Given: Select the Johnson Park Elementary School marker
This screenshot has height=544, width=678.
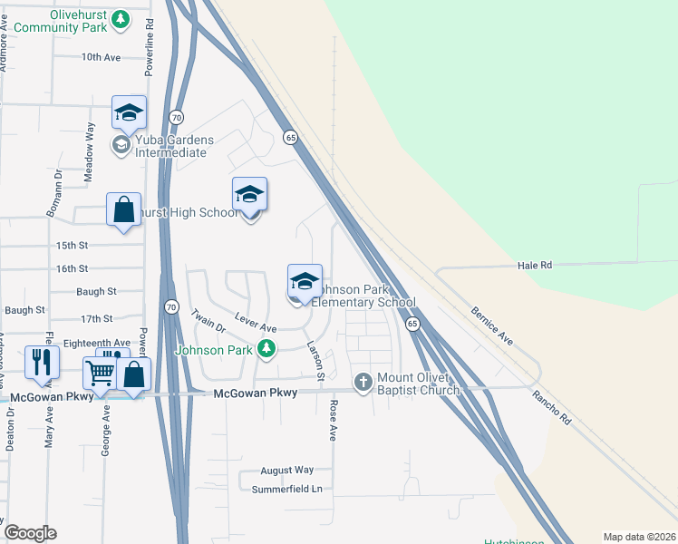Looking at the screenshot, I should [x=305, y=280].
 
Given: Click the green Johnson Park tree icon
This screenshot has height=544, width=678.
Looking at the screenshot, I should [x=266, y=348].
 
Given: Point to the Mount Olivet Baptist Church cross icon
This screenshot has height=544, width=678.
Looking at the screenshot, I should [x=363, y=382].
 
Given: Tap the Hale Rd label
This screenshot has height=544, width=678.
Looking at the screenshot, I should [x=535, y=265].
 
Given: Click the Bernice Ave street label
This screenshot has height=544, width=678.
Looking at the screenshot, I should [x=492, y=325].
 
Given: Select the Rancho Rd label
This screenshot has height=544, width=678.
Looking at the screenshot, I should [x=552, y=408].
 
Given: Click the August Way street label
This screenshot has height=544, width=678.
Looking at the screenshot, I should [x=286, y=470].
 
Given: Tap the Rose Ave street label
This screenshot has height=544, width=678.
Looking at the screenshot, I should [x=333, y=421].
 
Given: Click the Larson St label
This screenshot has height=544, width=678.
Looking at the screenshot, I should [x=315, y=360].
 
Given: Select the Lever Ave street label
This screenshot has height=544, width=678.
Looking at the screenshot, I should [x=255, y=321].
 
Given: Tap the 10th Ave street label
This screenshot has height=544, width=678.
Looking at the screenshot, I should [x=101, y=56].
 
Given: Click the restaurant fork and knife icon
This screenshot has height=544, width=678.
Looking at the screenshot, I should [x=43, y=362].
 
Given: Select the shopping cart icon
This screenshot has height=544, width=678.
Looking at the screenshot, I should [x=100, y=373].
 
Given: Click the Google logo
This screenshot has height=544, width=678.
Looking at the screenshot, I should [x=30, y=533].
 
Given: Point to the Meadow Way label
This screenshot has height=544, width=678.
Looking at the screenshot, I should [x=90, y=141].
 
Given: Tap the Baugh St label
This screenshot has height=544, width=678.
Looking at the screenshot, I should [x=97, y=291].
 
